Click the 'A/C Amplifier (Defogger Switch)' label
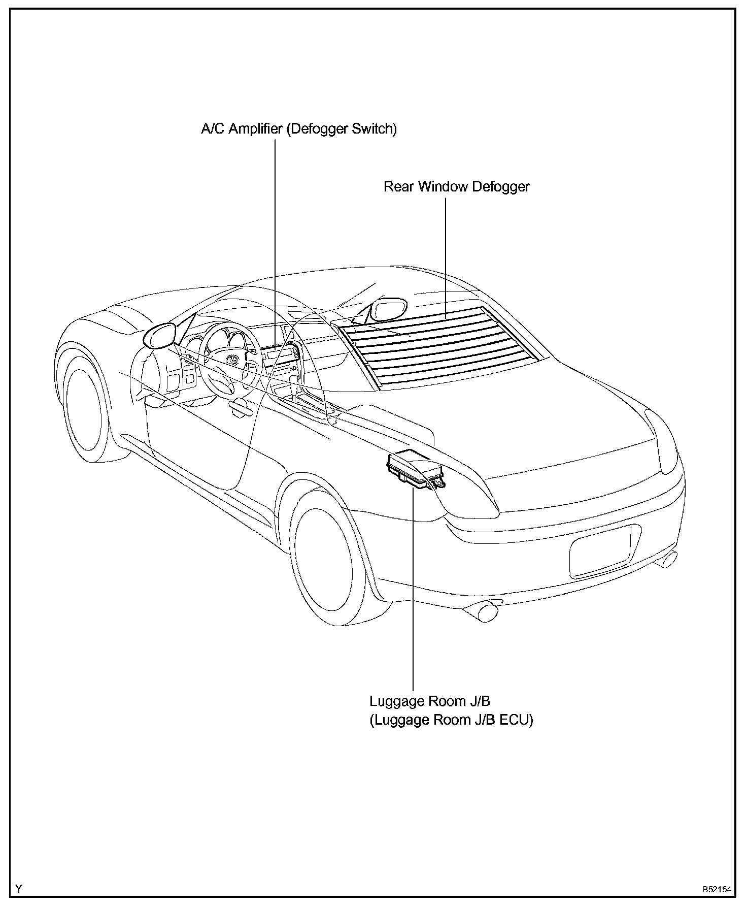click(x=299, y=129)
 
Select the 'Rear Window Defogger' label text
click(x=456, y=187)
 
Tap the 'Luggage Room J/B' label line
click(x=429, y=701)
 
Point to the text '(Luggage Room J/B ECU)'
click(x=451, y=721)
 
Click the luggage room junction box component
click(x=416, y=470)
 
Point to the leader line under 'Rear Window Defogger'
click(x=446, y=258)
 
